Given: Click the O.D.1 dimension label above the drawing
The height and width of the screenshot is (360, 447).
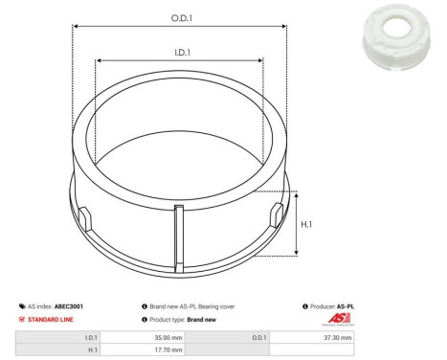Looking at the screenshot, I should [179, 17].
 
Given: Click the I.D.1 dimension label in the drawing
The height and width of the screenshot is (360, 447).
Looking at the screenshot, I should [179, 53].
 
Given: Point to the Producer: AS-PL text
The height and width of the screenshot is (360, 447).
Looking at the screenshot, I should [328, 306].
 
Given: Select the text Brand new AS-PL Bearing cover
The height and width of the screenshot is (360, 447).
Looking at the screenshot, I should [195, 306].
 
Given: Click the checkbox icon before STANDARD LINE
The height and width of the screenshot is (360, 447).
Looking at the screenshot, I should [22, 319].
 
